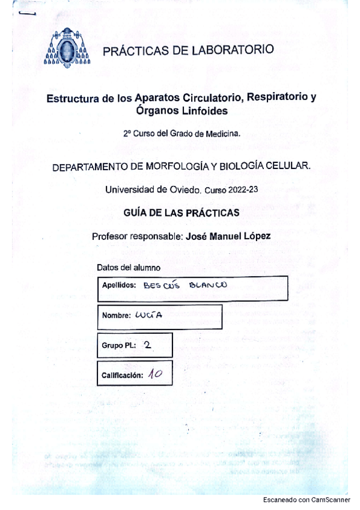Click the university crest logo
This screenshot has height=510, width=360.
67,49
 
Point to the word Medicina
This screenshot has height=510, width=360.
224,134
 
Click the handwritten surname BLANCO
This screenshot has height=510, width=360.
207,286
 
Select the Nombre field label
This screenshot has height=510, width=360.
117,316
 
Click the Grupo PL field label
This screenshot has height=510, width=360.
119,345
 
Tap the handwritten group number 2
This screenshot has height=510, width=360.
148,345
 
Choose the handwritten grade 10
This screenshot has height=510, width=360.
155,373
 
